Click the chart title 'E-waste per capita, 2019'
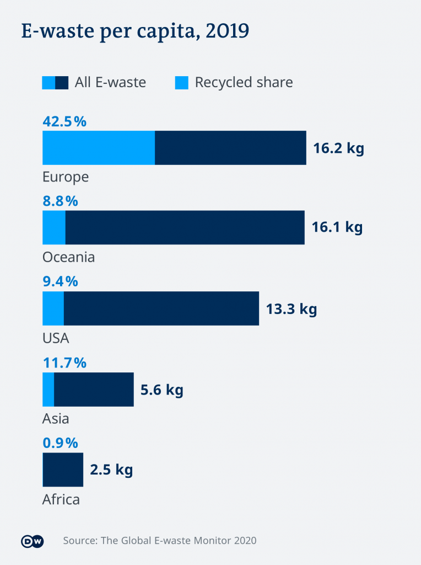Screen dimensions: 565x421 135,32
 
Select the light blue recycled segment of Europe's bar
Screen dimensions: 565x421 99,148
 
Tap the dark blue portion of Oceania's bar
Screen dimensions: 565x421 185,227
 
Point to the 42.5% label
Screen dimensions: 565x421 64,121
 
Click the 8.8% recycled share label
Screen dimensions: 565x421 60,201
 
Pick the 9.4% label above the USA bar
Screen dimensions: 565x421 60,282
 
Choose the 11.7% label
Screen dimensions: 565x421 64,363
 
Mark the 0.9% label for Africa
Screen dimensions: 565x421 60,443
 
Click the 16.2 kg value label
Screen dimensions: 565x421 338,148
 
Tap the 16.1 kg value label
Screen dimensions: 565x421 337,228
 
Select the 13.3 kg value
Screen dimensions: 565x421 292,309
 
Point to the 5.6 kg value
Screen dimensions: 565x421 161,390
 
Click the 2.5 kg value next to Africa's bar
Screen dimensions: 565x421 111,470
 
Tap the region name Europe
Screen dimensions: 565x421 66,177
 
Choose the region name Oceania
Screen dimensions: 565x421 68,257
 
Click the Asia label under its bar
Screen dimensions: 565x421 56,418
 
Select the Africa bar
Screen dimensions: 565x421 63,470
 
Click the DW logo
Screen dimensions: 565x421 32,541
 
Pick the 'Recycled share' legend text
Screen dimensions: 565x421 244,83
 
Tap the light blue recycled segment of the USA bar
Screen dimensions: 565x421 53,308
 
